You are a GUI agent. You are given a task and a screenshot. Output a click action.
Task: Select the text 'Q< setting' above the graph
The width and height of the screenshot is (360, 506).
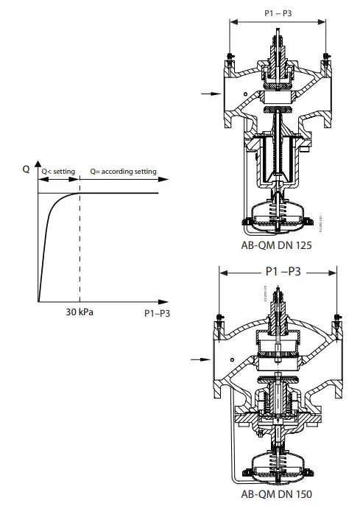(57, 172)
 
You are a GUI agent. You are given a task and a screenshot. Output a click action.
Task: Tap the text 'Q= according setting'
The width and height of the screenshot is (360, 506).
(123, 172)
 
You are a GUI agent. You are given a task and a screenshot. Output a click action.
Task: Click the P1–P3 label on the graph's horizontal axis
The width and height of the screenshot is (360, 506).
(155, 312)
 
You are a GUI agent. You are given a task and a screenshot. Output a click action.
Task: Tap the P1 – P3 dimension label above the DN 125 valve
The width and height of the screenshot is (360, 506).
(278, 13)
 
